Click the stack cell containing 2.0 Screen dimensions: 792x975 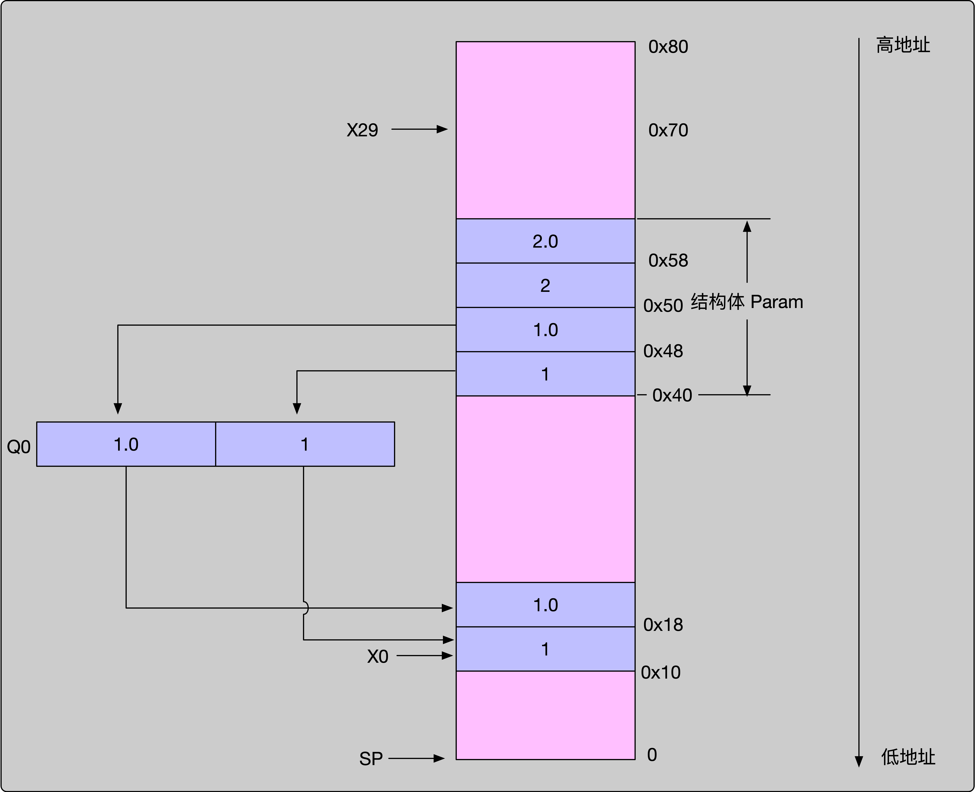tap(545, 241)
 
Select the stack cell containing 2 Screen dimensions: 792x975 tap(545, 285)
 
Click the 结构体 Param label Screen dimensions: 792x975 tap(747, 302)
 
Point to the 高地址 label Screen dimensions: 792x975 tap(903, 45)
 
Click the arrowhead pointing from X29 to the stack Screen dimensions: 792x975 tap(442, 130)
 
